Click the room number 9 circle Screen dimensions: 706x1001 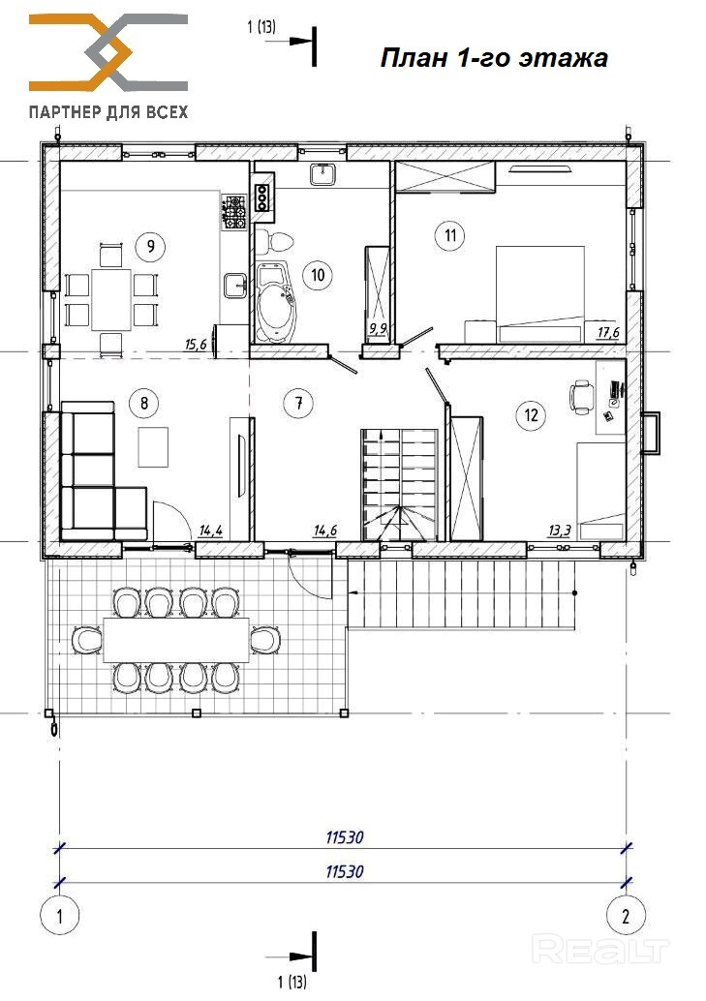click(151, 246)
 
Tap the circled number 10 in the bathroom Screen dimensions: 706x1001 click(318, 275)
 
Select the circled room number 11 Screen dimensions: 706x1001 click(450, 235)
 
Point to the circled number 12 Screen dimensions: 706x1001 click(531, 415)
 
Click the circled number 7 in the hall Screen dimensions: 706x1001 click(298, 403)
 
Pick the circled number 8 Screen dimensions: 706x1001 click(143, 403)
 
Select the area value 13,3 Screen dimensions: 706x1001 click(559, 530)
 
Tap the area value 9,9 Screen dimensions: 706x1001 click(379, 329)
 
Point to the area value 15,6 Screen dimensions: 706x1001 click(196, 345)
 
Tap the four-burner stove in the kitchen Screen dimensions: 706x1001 click(234, 212)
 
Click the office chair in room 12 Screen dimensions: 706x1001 click(581, 397)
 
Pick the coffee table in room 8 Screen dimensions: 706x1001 click(153, 447)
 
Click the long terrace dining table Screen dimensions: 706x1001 click(175, 640)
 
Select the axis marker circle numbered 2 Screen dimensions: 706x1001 click(626, 917)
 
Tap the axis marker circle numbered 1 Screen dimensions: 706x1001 click(59, 917)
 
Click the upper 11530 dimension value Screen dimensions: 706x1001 click(345, 837)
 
